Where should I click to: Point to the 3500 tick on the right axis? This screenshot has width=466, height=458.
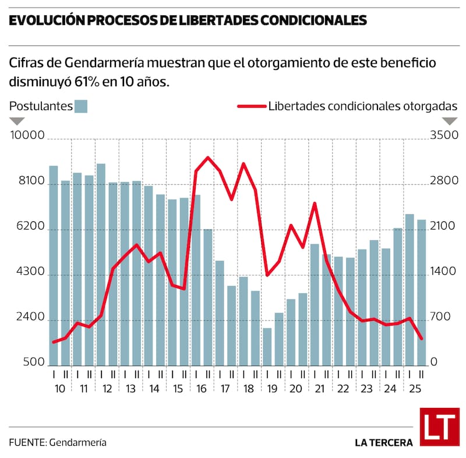click(x=444, y=136)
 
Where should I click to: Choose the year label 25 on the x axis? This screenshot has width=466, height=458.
click(x=416, y=389)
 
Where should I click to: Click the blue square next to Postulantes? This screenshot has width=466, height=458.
click(x=81, y=106)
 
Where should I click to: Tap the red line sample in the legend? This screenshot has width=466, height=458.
click(x=252, y=106)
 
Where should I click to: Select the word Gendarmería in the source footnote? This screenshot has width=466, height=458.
click(x=78, y=442)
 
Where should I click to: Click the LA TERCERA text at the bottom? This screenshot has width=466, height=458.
click(x=384, y=442)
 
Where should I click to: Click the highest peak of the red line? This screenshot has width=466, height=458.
click(x=208, y=157)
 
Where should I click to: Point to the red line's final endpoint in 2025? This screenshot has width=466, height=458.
click(x=422, y=339)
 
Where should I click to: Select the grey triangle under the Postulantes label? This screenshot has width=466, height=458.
click(x=17, y=121)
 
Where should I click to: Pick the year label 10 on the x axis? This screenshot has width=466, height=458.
click(x=59, y=389)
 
